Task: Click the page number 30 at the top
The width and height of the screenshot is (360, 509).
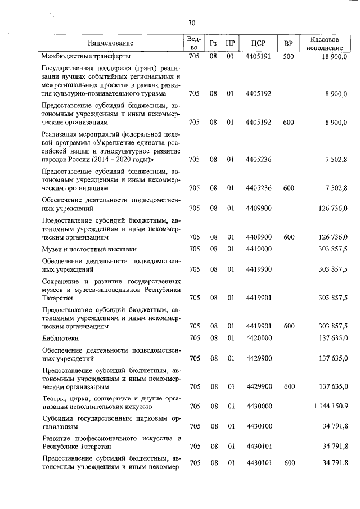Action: (x=191, y=22)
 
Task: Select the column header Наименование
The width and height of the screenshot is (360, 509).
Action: (x=110, y=43)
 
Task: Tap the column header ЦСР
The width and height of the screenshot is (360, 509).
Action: (x=259, y=43)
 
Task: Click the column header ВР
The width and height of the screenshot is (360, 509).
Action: (x=289, y=43)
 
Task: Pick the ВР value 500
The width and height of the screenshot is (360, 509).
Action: (x=289, y=56)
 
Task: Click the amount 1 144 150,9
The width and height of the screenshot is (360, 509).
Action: (x=327, y=406)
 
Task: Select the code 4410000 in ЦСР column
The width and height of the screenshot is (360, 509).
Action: (x=259, y=249)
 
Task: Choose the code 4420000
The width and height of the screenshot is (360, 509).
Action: (x=259, y=338)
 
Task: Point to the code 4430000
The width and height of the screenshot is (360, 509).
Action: (x=259, y=406)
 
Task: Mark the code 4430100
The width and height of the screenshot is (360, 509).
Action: (x=259, y=426)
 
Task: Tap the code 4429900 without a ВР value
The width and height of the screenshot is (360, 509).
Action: (x=259, y=358)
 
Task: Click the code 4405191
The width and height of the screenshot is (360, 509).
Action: (x=259, y=56)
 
